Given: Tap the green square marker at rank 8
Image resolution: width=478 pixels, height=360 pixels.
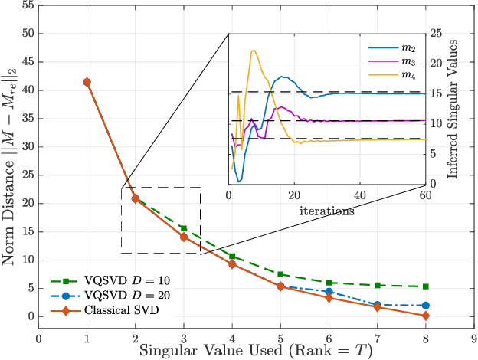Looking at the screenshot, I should pos(426,286).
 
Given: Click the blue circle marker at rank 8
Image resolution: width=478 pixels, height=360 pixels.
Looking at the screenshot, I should pos(426,305).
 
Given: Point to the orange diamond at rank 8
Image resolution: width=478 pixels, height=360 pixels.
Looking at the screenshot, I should pos(426,316).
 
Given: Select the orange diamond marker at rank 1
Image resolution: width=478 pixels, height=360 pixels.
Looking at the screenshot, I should pos(87,82).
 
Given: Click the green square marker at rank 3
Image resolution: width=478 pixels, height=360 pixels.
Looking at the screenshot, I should pos(184,228).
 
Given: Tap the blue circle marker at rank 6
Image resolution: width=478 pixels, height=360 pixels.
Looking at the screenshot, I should pos(329,292).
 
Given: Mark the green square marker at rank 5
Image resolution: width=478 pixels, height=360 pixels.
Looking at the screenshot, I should pos(280,274).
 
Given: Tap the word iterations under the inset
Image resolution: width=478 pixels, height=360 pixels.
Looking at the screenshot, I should pos(327,208).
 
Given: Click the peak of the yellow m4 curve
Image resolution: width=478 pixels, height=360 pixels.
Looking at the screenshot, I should pos(254,51).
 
